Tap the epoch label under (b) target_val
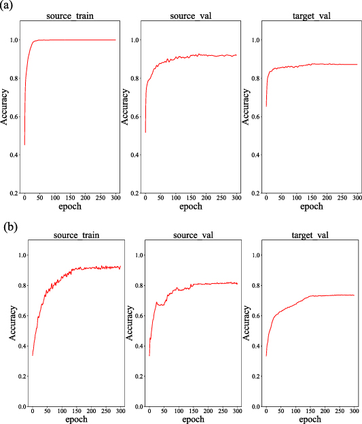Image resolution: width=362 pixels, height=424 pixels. click(310, 420)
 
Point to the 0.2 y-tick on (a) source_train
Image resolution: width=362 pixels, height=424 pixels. click(12, 193)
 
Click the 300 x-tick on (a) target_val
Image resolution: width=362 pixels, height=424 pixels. click(356, 200)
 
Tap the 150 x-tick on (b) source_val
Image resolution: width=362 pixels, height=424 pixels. click(194, 412)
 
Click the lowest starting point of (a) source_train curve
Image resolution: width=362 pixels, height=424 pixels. click(25, 145)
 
